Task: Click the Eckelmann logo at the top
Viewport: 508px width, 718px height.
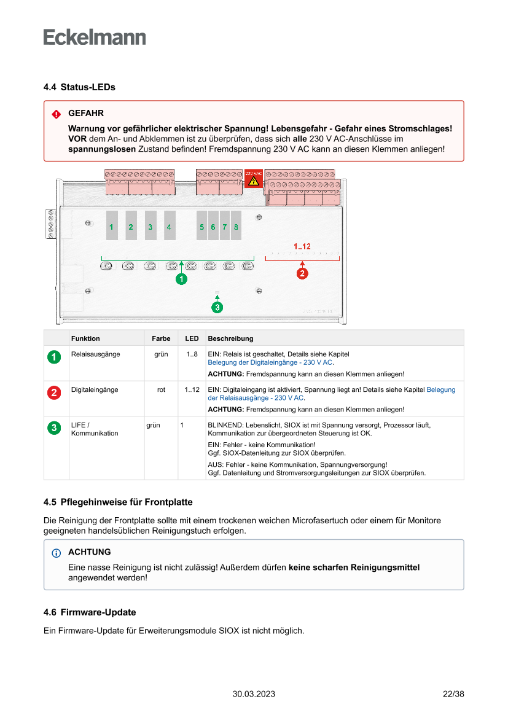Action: tap(95, 37)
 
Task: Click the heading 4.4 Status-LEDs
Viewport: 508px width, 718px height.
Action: tap(79, 87)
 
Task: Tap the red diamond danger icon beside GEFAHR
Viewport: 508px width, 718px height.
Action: tap(57, 114)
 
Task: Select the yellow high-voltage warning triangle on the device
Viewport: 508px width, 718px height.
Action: tap(254, 182)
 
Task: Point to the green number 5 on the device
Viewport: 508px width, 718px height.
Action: tap(201, 227)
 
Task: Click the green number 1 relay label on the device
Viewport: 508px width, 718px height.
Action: tap(111, 227)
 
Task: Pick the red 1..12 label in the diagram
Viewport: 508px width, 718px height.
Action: tap(302, 246)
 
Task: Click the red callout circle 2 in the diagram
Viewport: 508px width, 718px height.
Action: tap(302, 274)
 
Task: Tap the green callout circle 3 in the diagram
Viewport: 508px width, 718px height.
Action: tap(217, 307)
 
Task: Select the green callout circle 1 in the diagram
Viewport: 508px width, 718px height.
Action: tap(181, 279)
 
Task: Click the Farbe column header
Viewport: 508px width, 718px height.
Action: tap(161, 338)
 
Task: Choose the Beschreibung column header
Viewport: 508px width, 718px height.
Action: tap(230, 338)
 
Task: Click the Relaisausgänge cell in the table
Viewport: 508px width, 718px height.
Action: tap(96, 354)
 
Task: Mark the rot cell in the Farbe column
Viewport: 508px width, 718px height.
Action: tap(161, 389)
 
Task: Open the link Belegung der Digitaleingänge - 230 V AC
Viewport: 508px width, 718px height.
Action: tap(270, 363)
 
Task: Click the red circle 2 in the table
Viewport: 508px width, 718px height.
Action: tap(55, 392)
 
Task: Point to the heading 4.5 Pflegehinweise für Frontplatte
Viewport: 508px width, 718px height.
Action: tap(118, 502)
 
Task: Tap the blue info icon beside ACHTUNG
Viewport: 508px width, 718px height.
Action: tap(57, 553)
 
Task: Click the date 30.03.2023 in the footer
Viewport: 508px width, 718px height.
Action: tap(254, 694)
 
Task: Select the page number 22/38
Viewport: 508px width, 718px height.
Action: tap(453, 694)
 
